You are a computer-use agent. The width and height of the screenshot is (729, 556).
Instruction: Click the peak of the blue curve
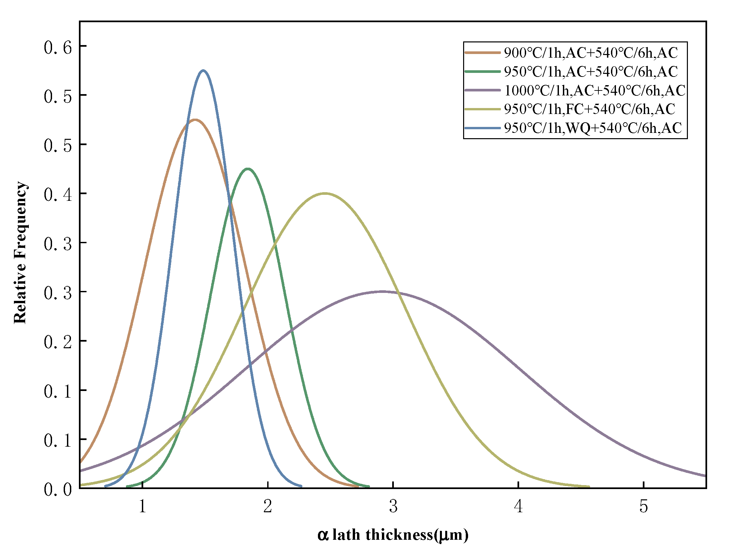coord(203,71)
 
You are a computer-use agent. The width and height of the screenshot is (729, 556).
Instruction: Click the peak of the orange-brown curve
coord(195,120)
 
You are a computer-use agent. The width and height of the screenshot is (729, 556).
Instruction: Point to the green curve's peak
coord(247,169)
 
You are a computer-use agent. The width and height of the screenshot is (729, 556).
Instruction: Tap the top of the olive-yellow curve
coord(325,194)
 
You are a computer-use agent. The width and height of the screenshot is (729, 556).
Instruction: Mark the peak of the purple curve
coord(383,292)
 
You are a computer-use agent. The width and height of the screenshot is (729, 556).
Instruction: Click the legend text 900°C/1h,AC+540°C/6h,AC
coord(591,53)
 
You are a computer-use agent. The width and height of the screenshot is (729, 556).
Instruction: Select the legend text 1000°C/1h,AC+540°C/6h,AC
coord(595,90)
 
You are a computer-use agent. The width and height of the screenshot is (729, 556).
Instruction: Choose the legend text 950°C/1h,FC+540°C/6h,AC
coord(589,109)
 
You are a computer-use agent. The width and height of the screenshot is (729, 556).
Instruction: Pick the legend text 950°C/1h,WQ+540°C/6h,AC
coord(593,128)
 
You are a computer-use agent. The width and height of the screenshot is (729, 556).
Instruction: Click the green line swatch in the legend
coord(482,72)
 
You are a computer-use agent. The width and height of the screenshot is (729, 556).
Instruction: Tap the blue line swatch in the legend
coord(482,128)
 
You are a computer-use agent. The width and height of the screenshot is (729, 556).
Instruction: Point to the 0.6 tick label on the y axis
coord(58,48)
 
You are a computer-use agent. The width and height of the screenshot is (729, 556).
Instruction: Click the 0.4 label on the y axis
coord(58,195)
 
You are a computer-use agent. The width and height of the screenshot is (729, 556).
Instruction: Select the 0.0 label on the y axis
coord(58,489)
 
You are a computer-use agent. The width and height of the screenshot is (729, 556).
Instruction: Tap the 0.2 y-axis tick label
coord(58,342)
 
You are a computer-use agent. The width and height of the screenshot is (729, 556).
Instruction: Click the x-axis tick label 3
coord(393,506)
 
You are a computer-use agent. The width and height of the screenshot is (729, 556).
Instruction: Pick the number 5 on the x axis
coord(643,506)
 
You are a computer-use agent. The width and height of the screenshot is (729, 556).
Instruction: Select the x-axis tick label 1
coord(143,506)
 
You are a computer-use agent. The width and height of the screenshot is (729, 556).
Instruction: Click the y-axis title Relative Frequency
coord(21,252)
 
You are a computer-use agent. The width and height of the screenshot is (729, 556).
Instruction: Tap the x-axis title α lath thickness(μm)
coord(393,535)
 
